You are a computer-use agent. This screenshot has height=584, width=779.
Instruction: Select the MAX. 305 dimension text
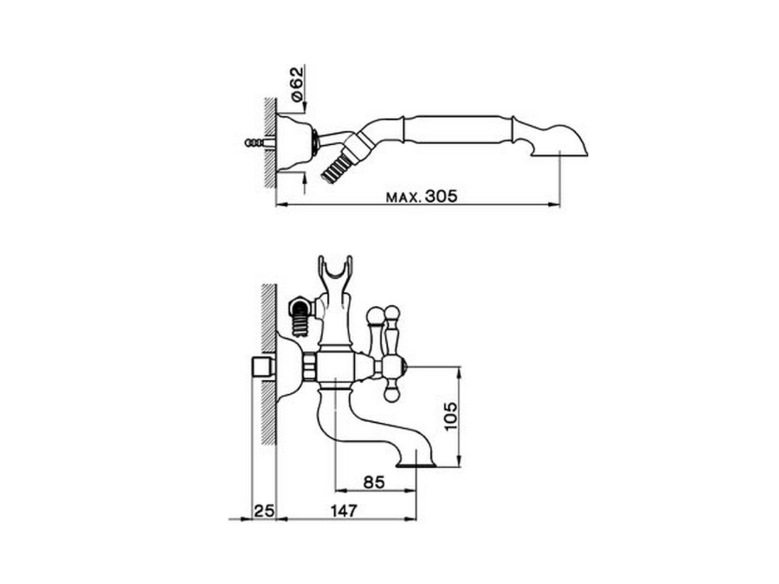[421, 196]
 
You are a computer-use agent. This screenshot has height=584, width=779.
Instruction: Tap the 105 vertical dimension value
[450, 416]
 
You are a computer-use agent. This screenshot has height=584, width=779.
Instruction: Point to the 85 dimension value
[374, 482]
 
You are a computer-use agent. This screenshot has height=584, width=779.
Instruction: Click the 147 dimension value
[344, 511]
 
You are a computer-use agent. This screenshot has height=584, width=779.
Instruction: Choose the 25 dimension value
[264, 511]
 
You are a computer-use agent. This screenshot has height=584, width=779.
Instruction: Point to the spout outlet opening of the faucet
[416, 466]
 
